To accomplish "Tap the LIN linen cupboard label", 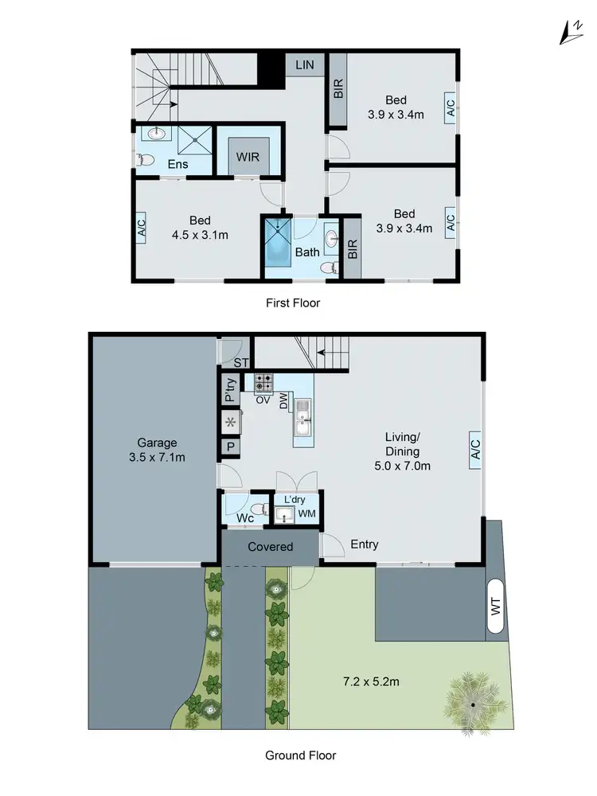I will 305,64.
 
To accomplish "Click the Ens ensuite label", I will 177,164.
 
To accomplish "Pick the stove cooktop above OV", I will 263,382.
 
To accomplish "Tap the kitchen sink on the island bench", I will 302,418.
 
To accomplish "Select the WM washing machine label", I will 306,515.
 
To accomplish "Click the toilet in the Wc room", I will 256,509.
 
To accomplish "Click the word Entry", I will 364,544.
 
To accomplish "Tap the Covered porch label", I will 270,547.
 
